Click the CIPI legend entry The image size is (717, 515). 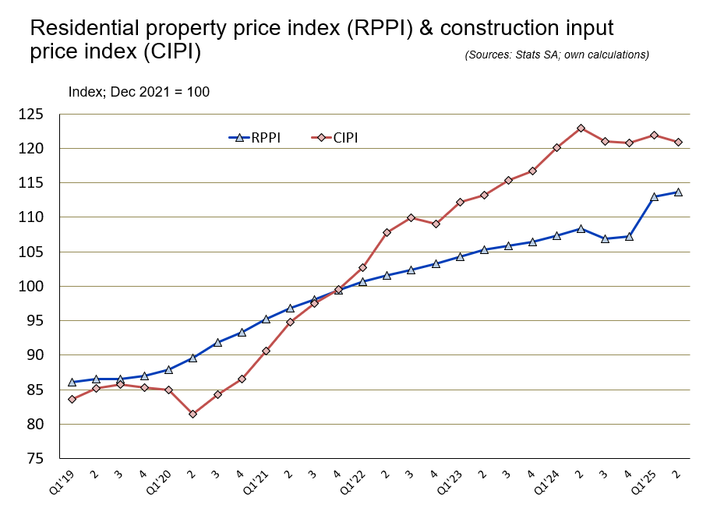coord(344,138)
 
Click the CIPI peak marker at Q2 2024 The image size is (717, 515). coord(581,128)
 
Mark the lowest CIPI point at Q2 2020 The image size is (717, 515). coord(192,414)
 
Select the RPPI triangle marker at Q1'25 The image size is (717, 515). coord(654,196)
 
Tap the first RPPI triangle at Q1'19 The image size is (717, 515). coord(72,382)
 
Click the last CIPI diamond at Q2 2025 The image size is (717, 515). coord(678,142)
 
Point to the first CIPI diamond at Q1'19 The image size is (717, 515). coord(72,399)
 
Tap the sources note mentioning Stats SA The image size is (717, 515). coord(556,55)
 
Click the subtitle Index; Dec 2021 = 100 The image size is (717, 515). coord(139,92)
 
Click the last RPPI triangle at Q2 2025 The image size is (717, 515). coord(678,192)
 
